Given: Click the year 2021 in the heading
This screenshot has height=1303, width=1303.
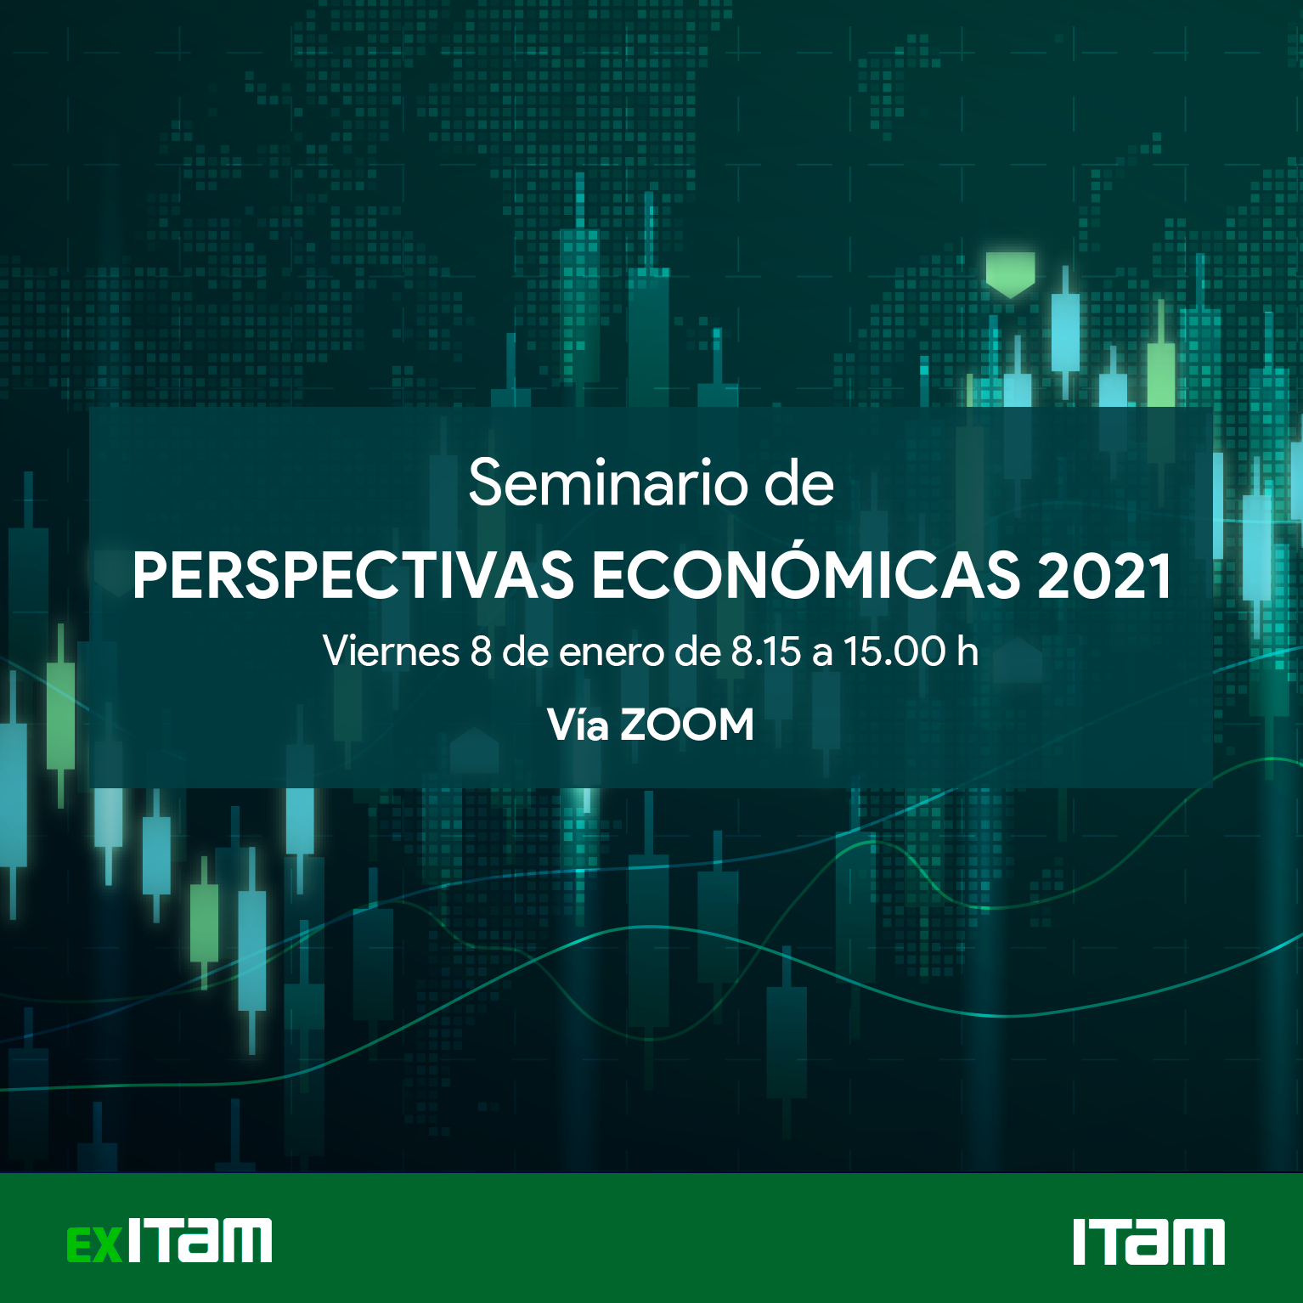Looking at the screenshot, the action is tap(1104, 576).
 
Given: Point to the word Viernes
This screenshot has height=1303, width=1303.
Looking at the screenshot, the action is tap(392, 651).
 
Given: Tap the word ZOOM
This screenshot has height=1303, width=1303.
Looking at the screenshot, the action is tap(687, 725).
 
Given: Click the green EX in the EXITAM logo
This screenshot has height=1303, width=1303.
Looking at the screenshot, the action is tap(95, 1244).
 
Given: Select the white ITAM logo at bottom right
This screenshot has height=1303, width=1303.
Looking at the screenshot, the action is tap(1148, 1242).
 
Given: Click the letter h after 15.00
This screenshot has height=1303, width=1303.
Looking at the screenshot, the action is tap(967, 651).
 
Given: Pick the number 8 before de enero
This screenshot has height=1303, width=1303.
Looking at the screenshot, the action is tap(481, 651).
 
